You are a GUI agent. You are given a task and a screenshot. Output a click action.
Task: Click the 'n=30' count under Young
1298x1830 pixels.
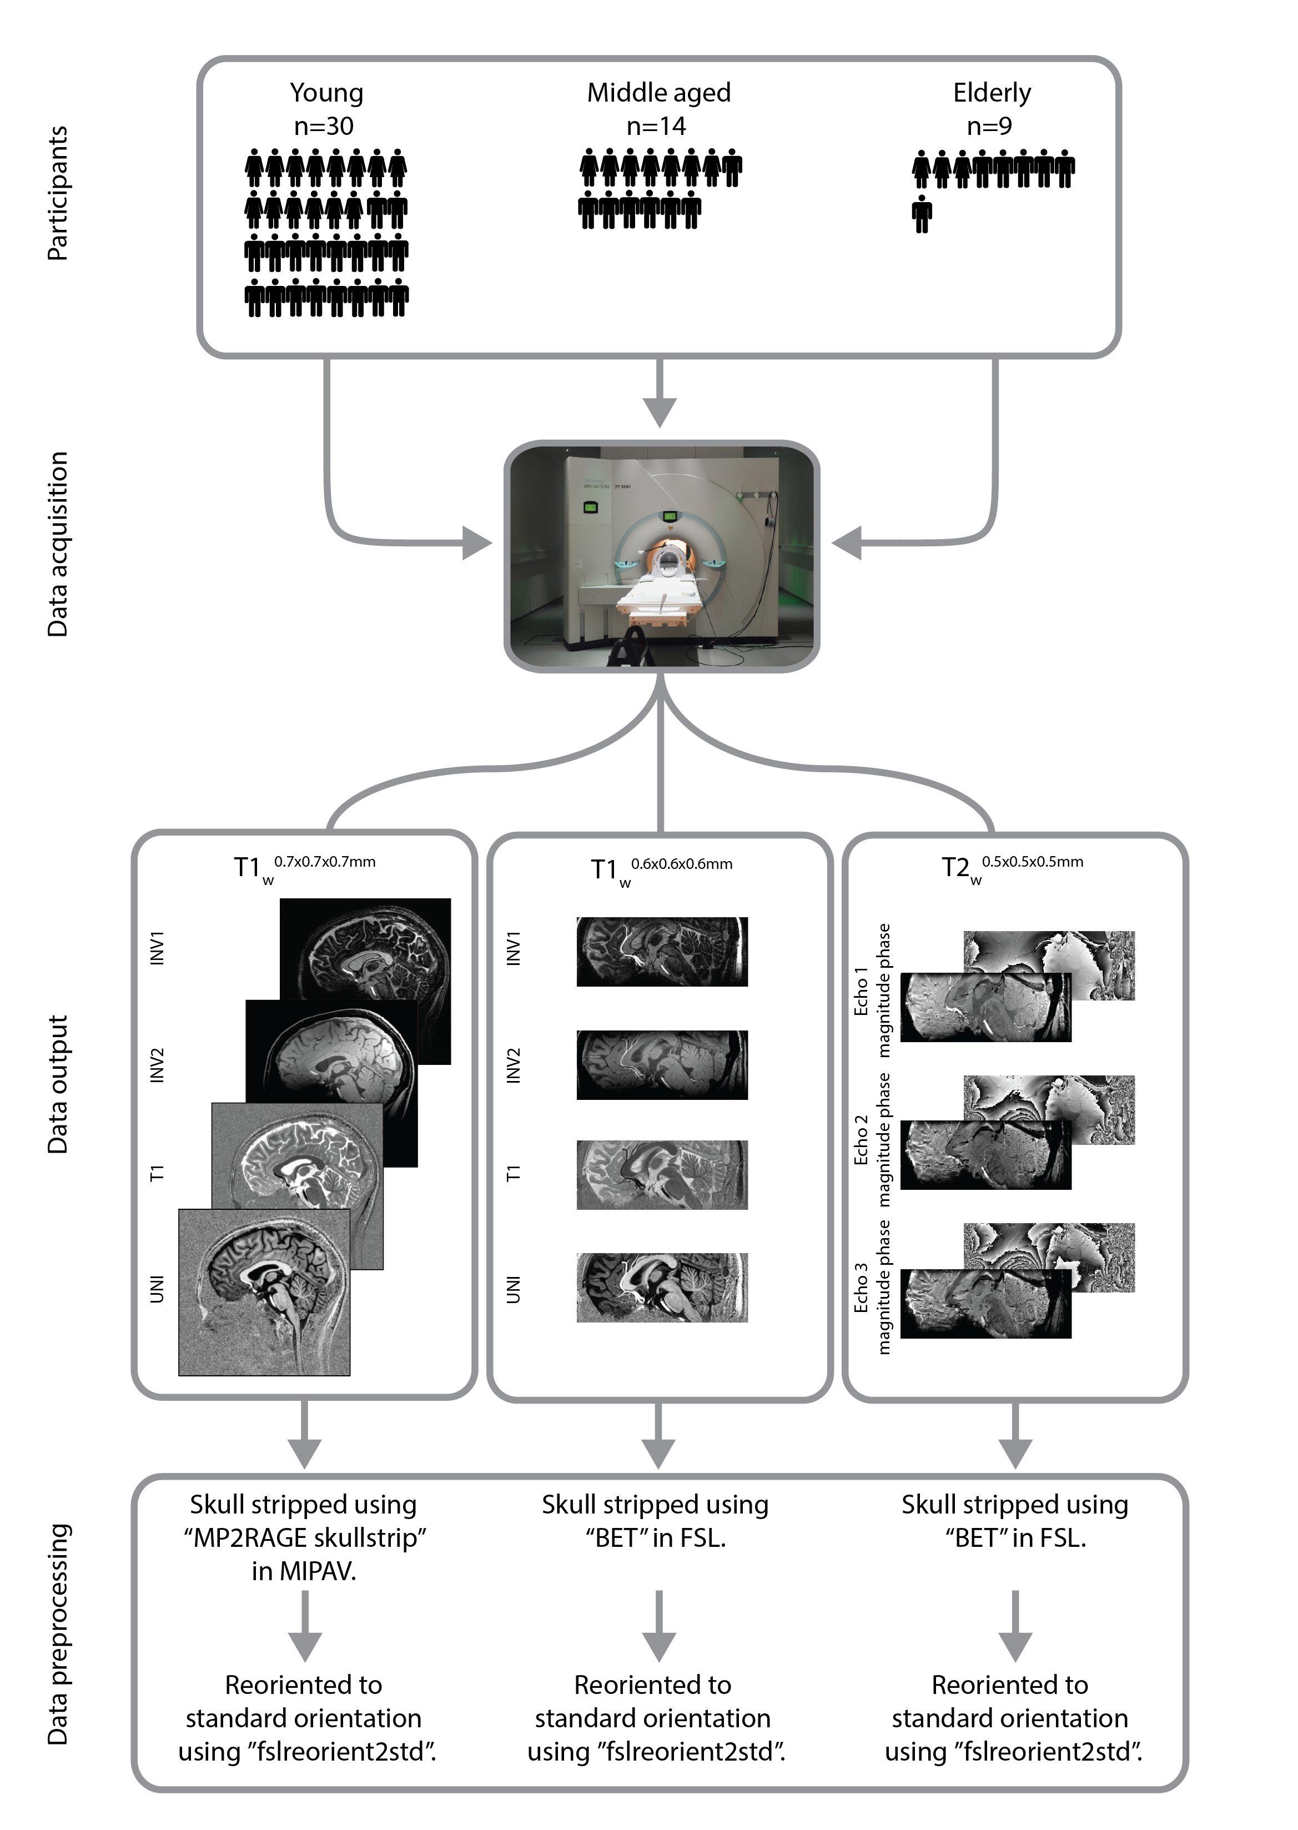click(x=324, y=126)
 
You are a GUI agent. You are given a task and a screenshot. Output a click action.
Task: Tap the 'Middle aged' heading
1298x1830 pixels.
click(x=658, y=93)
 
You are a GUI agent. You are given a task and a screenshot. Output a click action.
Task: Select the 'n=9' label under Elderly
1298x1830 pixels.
click(x=989, y=126)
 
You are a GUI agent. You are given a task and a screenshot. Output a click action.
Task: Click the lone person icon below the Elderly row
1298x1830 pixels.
click(x=922, y=214)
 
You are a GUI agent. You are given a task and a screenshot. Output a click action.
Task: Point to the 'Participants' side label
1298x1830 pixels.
click(x=58, y=193)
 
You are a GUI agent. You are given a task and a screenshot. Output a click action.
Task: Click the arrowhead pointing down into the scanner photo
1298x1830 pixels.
click(x=660, y=411)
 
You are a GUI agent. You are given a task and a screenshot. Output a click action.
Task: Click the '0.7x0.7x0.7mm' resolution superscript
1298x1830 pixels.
click(x=324, y=862)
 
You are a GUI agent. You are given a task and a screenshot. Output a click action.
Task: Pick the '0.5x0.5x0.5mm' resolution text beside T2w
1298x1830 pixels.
click(x=1032, y=862)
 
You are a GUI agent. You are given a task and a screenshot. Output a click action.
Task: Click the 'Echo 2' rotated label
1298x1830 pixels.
click(x=861, y=1139)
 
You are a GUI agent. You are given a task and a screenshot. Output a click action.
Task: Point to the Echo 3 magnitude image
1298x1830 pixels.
click(x=985, y=1305)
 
